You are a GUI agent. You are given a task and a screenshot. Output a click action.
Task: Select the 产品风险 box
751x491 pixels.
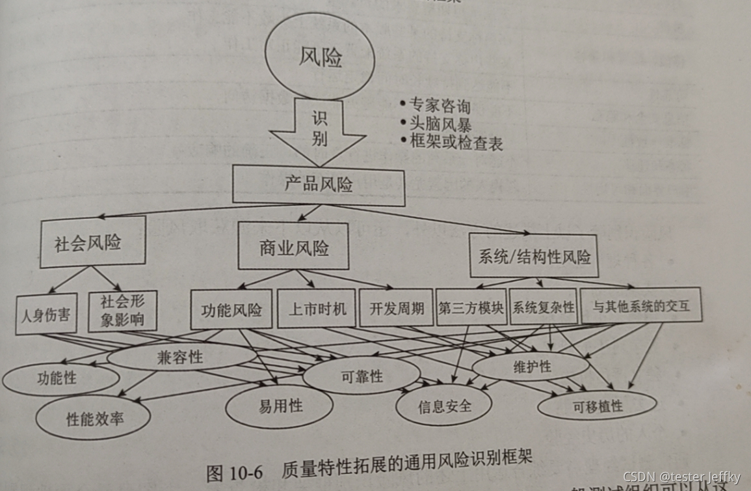coord(319,184)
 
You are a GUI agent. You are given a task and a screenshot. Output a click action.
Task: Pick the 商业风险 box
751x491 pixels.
coord(293,248)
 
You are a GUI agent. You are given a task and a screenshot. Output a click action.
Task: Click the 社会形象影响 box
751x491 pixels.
coord(122,311)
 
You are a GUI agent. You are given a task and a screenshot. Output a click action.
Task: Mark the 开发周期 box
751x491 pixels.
coord(396,308)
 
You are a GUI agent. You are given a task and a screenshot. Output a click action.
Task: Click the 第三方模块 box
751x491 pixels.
coord(471,307)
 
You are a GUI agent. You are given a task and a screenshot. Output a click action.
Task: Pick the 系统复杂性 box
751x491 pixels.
coord(543,306)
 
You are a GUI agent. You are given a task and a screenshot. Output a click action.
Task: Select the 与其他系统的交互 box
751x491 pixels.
coord(640,305)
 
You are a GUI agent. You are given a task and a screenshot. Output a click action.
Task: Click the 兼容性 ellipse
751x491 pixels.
coord(180,357)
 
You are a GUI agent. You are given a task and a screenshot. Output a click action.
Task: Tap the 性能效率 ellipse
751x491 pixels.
coord(92,417)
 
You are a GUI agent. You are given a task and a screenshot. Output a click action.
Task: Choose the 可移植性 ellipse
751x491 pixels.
coord(597,405)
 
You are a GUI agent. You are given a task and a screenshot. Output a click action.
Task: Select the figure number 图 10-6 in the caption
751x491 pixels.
coord(234,473)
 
